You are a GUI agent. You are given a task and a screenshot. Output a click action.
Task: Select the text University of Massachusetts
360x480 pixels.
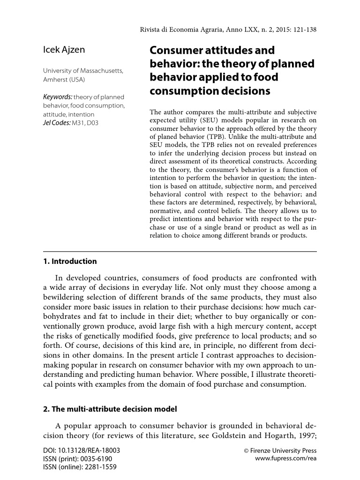coord(83,71)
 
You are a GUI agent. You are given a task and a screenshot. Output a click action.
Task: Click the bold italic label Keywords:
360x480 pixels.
coord(58,97)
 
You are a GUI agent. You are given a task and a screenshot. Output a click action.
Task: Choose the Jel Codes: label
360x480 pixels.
coord(56,123)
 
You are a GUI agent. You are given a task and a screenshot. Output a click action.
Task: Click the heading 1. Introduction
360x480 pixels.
coord(70,261)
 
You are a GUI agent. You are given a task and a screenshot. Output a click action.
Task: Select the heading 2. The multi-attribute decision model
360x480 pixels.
coord(110,409)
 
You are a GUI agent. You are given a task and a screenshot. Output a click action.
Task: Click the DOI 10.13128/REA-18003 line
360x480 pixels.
coord(81,450)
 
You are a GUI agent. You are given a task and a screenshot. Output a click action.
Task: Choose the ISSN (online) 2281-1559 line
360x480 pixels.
coord(79,467)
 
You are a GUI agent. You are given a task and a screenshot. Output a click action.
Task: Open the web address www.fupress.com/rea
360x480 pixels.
coord(285,458)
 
